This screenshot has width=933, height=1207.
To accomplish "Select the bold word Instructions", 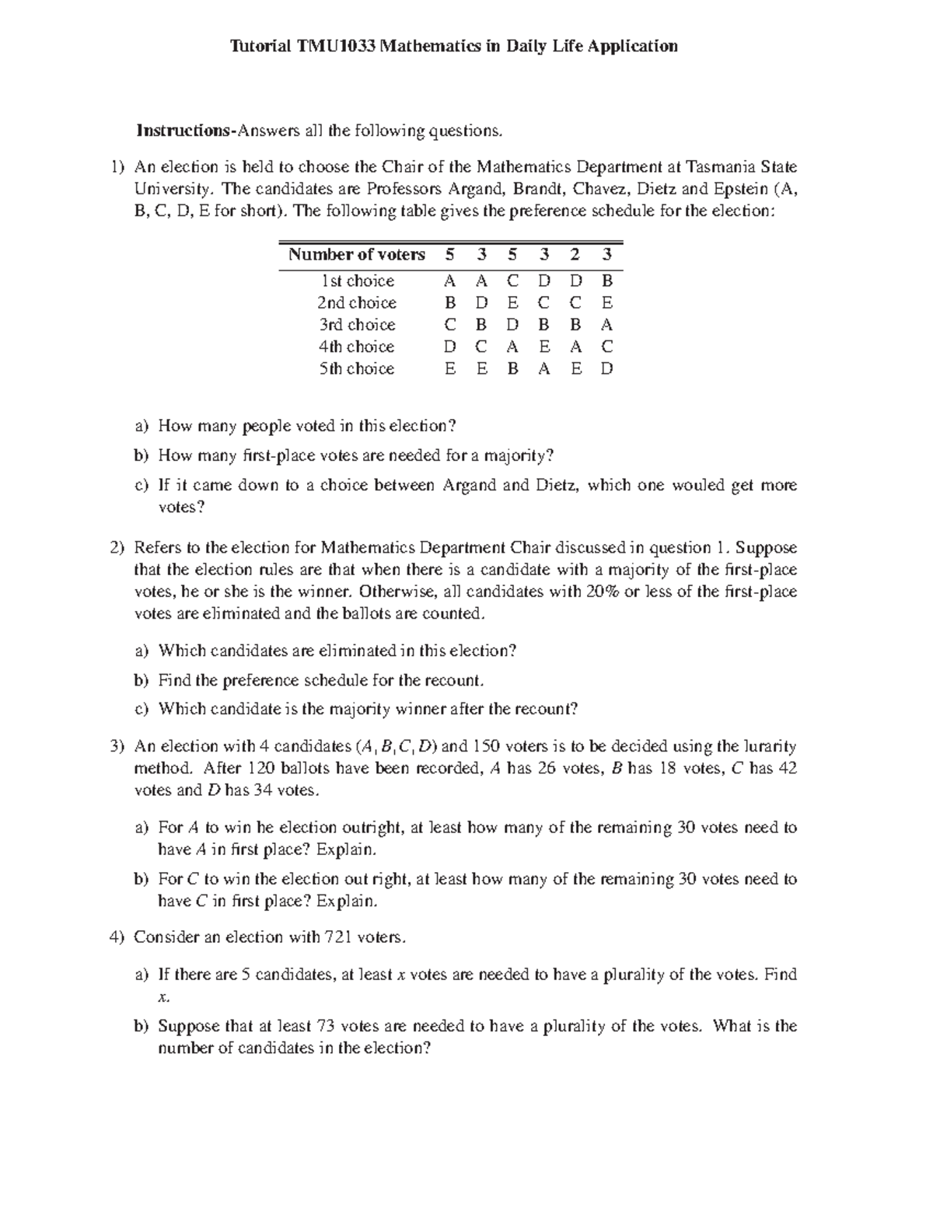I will [x=184, y=131].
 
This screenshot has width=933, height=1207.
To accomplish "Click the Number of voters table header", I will [x=356, y=254].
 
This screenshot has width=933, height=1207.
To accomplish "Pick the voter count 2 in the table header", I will [x=575, y=254].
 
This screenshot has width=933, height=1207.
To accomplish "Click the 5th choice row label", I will [x=357, y=368].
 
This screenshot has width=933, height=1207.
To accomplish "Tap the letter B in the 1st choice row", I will [x=607, y=281].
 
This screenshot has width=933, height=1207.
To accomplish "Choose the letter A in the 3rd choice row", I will [x=607, y=324].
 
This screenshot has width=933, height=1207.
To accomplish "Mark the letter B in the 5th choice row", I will [x=512, y=368].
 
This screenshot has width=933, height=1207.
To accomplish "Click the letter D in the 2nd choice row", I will [x=481, y=302].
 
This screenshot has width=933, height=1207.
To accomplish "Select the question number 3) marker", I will [x=117, y=746].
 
